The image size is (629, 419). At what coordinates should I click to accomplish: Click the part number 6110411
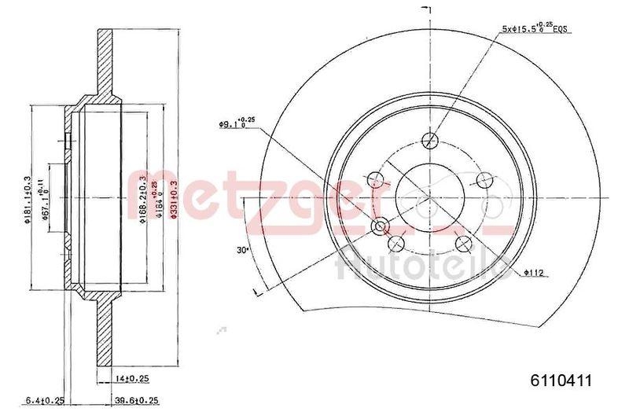point(565,379)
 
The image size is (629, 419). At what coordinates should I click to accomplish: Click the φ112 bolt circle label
point(535,273)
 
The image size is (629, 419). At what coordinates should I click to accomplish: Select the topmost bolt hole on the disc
point(429,142)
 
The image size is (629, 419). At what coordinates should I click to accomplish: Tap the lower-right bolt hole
point(464,241)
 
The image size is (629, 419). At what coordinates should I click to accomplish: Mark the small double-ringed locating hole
point(381,227)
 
